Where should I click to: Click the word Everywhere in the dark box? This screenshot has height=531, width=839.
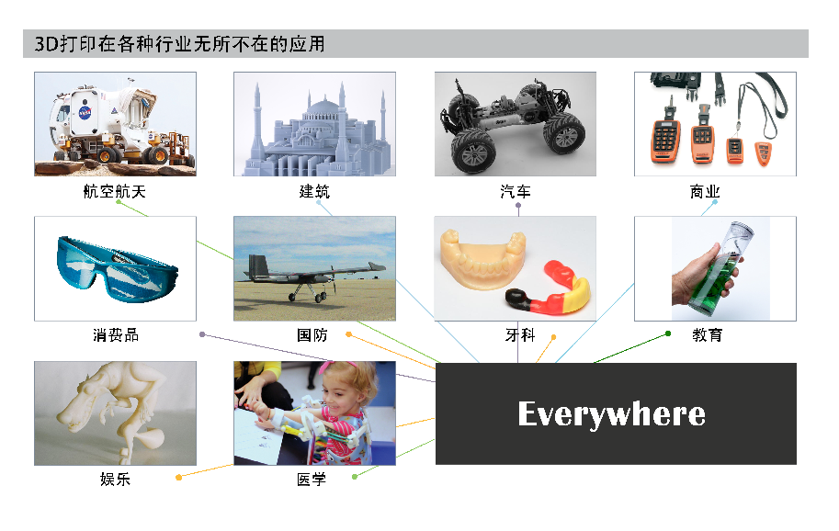pyautogui.click(x=612, y=414)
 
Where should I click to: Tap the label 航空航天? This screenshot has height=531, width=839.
pyautogui.click(x=115, y=191)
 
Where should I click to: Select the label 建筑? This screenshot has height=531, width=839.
pyautogui.click(x=314, y=191)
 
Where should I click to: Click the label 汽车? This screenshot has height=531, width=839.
pyautogui.click(x=516, y=191)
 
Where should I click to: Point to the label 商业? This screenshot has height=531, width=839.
pyautogui.click(x=705, y=191)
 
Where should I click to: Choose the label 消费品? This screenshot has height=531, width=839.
pyautogui.click(x=116, y=335)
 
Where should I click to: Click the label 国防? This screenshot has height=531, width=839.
pyautogui.click(x=312, y=335)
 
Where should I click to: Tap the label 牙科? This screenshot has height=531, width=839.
pyautogui.click(x=520, y=335)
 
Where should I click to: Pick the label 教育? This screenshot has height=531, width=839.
pyautogui.click(x=708, y=335)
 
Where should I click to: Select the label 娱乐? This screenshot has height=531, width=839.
pyautogui.click(x=115, y=480)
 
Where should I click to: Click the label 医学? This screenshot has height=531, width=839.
pyautogui.click(x=312, y=480)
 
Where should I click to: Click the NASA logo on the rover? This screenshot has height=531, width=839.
pyautogui.click(x=85, y=113)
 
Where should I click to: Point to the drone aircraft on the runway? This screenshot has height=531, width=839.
pyautogui.click(x=314, y=277)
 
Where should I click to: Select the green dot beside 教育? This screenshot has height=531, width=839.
pyautogui.click(x=668, y=333)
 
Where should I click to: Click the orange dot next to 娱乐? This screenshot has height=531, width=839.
pyautogui.click(x=178, y=477)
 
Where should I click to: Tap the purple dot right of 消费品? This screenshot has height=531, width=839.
pyautogui.click(x=202, y=334)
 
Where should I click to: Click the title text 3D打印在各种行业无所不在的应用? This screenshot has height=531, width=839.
pyautogui.click(x=180, y=44)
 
